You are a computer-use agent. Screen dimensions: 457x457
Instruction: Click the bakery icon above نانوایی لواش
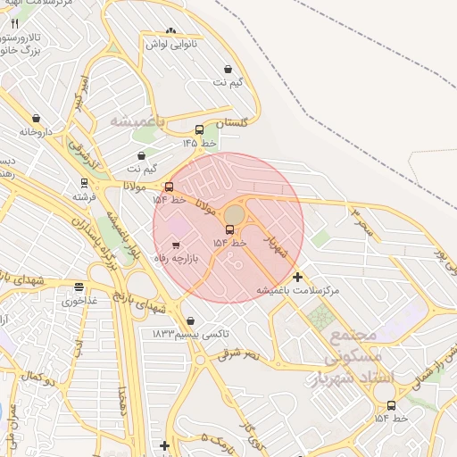click(170, 31)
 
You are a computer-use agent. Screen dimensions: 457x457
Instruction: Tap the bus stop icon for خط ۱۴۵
click(199, 130)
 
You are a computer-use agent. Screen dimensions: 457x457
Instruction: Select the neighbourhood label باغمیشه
click(139, 119)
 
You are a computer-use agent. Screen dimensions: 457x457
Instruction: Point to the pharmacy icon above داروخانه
click(36, 118)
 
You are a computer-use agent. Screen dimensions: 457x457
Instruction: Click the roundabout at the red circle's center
click(233, 215)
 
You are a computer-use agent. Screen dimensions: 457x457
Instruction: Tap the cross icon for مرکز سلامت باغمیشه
click(297, 278)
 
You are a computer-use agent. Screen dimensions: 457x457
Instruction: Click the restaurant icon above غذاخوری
click(79, 287)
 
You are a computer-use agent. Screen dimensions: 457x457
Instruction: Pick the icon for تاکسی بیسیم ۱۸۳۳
click(190, 321)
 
